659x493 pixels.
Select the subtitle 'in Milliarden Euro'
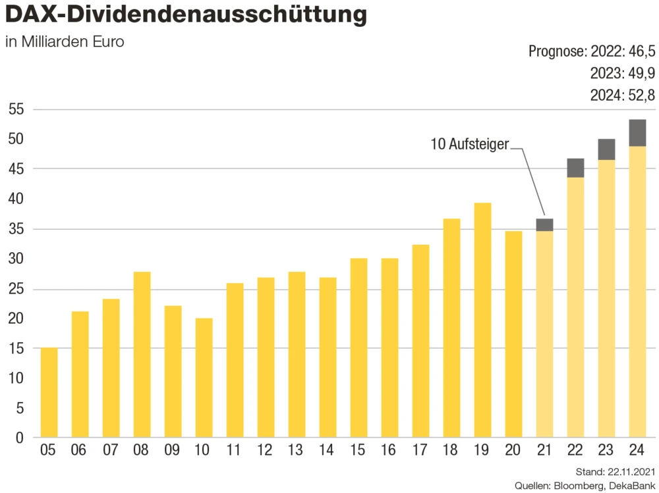[x=65, y=42]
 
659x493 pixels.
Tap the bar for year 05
[x=49, y=392]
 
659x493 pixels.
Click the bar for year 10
[x=204, y=378]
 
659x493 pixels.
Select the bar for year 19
[x=483, y=320]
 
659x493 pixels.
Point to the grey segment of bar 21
[x=544, y=225]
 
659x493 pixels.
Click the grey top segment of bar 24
[x=637, y=133]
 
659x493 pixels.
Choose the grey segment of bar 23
[x=606, y=149]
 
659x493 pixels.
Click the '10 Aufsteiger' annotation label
[x=469, y=143]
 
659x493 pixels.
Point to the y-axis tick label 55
[x=16, y=109]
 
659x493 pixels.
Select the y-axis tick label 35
[x=16, y=229]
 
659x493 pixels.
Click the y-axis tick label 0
[x=20, y=438]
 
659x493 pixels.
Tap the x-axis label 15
[x=358, y=452]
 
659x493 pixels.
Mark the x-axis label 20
[x=513, y=452]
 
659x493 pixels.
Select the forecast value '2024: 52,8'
[x=623, y=95]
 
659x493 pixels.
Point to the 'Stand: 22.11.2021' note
[x=615, y=471]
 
